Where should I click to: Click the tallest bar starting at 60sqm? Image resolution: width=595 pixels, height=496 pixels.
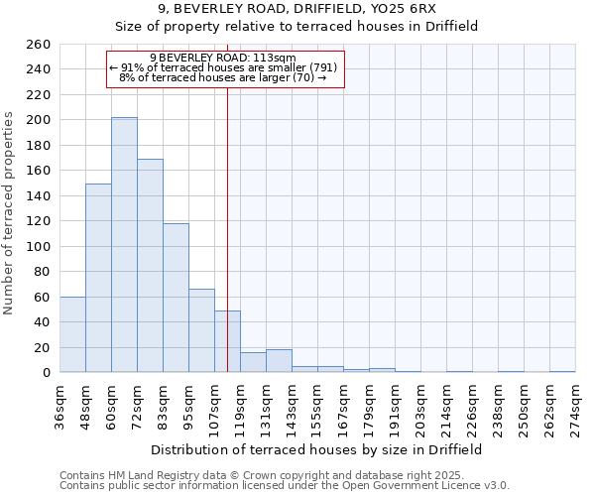[124, 245]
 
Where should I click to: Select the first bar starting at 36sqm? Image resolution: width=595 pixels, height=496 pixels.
[72, 334]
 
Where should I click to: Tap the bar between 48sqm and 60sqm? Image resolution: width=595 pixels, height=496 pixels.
[98, 278]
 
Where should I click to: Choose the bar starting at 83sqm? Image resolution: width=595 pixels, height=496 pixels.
[176, 298]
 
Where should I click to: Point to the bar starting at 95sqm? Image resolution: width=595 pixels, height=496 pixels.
[201, 330]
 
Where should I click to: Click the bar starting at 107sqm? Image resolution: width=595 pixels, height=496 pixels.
[227, 341]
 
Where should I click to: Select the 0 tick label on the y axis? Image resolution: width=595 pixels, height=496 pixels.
[46, 373]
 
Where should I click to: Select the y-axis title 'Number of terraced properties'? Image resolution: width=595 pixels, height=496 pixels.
[10, 213]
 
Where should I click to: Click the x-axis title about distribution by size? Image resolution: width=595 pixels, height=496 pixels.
[316, 449]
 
